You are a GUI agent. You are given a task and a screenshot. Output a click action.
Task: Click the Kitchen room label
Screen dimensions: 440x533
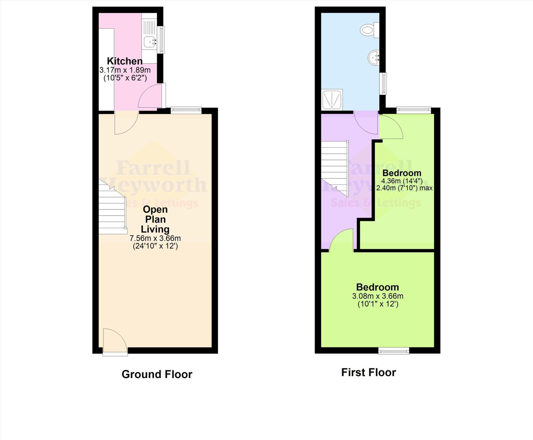pyautogui.click(x=125, y=61)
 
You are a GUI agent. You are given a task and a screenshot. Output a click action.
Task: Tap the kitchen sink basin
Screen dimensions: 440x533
pyautogui.click(x=149, y=42)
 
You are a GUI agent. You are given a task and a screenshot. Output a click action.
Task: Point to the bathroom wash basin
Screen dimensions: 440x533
pyautogui.click(x=374, y=57)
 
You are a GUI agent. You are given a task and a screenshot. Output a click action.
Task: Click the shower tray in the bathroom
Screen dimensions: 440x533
pyautogui.click(x=332, y=100)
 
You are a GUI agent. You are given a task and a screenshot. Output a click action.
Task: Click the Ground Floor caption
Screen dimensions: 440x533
pyautogui.click(x=157, y=374)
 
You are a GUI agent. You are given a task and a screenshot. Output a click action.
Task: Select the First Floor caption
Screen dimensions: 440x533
pyautogui.click(x=368, y=372)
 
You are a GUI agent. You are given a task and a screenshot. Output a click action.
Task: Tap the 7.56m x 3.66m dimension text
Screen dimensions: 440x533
pyautogui.click(x=155, y=238)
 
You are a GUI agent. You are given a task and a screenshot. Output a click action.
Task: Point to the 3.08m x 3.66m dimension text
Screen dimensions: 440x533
pyautogui.click(x=378, y=296)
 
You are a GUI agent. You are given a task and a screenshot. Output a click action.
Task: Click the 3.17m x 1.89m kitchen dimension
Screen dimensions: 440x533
pyautogui.click(x=125, y=70)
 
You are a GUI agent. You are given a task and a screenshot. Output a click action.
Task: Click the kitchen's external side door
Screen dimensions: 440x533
pyautogui.click(x=163, y=96)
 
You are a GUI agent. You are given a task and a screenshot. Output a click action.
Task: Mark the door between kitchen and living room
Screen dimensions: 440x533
pyautogui.click(x=126, y=122)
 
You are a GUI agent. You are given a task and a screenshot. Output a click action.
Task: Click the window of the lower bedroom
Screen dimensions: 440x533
pyautogui.click(x=394, y=352)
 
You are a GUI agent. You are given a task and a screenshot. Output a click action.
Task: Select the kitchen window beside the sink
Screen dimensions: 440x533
pyautogui.click(x=162, y=40)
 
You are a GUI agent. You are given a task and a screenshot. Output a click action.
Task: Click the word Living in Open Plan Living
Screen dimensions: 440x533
pyautogui.click(x=155, y=229)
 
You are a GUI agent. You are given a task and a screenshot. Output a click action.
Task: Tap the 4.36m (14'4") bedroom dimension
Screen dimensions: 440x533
pyautogui.click(x=402, y=181)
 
